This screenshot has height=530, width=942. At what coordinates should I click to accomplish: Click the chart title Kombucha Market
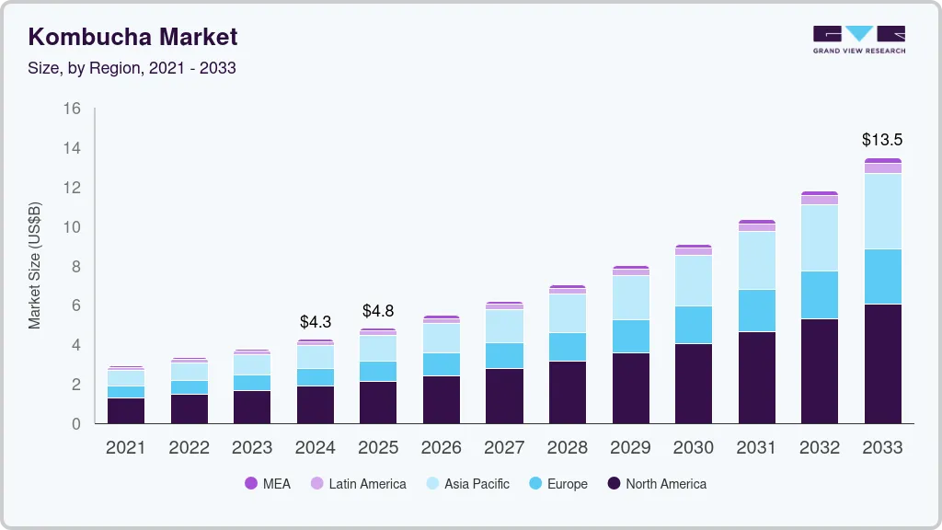[x=132, y=37]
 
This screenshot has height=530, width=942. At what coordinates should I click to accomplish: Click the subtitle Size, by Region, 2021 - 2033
[x=132, y=68]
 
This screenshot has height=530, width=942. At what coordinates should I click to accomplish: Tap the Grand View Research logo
[x=858, y=40]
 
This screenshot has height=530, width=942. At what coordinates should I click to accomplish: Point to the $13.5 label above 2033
[x=882, y=140]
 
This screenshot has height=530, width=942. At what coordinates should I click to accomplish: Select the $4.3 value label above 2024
[x=316, y=322]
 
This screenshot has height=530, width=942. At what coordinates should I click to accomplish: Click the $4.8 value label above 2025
[x=378, y=311]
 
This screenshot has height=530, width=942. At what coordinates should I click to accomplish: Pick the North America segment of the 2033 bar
[x=882, y=363]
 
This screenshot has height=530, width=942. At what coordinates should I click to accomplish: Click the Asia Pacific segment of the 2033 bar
[x=882, y=211]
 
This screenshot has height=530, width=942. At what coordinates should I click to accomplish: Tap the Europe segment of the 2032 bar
[x=819, y=294]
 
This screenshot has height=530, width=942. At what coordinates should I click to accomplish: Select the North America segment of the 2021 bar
[x=126, y=410]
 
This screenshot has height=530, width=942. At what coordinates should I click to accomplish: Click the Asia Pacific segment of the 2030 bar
[x=693, y=281]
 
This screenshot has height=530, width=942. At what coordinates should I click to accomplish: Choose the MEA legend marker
[x=250, y=484]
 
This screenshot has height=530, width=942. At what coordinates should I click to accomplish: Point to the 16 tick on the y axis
[x=73, y=109]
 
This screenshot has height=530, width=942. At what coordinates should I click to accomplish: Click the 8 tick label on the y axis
[x=76, y=267]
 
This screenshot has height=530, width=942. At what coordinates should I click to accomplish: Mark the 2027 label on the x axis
[x=504, y=447]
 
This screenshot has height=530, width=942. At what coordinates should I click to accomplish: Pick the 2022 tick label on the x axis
[x=189, y=447]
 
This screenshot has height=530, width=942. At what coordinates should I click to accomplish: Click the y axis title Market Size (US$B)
[x=34, y=266]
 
